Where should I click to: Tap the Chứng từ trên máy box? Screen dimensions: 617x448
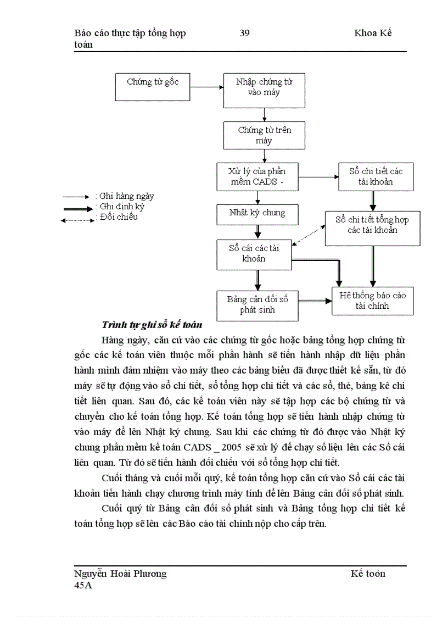(264, 135)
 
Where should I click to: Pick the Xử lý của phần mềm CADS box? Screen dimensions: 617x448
(257, 176)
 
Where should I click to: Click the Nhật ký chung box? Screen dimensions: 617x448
(257, 213)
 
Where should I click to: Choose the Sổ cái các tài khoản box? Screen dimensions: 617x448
(254, 253)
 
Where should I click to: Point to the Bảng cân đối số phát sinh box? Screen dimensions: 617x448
(257, 305)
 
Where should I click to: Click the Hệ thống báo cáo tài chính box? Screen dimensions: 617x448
(372, 301)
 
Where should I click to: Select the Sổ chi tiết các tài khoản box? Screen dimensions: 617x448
(376, 176)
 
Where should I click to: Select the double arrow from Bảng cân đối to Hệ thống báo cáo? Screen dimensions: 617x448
(315, 301)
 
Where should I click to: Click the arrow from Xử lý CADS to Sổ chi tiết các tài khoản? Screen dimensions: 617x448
(318, 177)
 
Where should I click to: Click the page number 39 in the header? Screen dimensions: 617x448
(245, 33)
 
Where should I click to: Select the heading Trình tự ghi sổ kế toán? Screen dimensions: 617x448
(152, 325)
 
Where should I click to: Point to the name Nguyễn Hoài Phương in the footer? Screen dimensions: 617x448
(120, 574)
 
